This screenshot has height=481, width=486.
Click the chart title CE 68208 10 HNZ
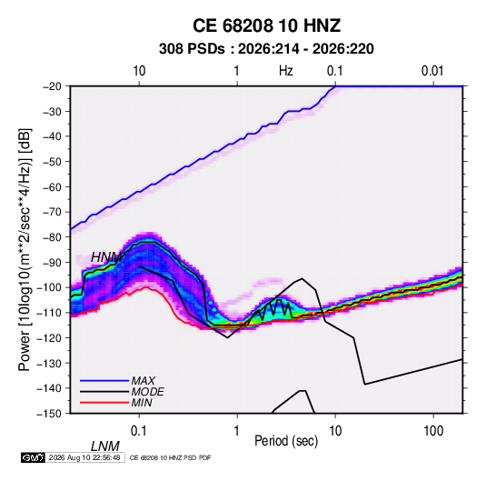point(266,25)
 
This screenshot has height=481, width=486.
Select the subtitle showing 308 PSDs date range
point(266,49)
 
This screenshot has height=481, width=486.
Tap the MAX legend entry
point(143,380)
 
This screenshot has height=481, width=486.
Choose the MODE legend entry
point(147,392)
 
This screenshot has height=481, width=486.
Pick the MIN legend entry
point(142,403)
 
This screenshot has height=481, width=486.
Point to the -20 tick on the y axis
point(52,86)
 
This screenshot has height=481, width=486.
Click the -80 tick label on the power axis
point(52,237)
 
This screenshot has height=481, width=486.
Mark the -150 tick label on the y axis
point(49,414)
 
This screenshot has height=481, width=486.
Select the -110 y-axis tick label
point(49,313)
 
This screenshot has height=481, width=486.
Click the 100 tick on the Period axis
point(433,431)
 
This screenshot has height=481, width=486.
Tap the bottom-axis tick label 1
point(237,431)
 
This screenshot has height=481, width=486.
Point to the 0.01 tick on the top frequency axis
point(432,71)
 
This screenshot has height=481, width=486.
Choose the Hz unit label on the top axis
point(286,71)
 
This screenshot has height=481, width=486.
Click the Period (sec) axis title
point(286,441)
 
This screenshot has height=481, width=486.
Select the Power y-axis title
point(25,250)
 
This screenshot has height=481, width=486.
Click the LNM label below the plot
point(105,446)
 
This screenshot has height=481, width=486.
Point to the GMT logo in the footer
point(33,457)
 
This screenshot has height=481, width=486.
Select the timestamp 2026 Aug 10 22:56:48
point(84,457)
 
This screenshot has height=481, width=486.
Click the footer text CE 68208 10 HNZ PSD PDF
point(170,457)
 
